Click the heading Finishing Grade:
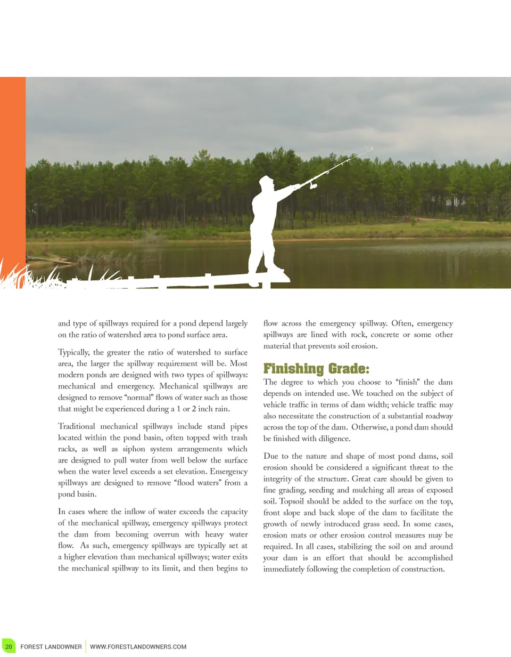pos(316,368)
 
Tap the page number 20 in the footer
pos(9,646)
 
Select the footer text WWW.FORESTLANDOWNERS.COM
pos(138,646)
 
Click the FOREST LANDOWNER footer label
pos(51,646)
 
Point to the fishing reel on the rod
pos(312,186)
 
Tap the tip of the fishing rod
pos(372,148)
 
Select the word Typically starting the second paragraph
pos(73,352)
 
